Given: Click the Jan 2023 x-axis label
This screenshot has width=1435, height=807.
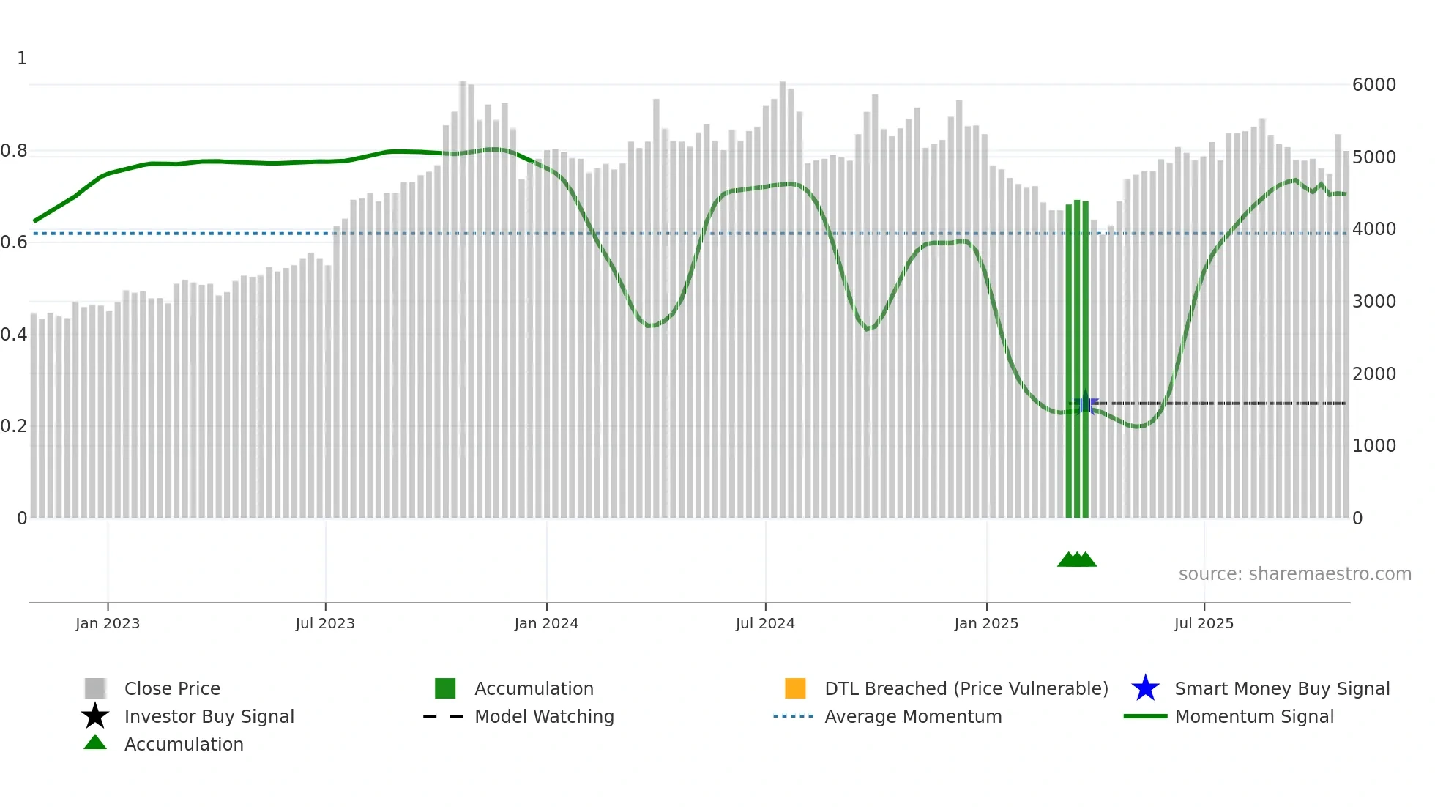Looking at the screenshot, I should click(x=107, y=623).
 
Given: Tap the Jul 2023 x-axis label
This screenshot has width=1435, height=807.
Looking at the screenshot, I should click(x=325, y=623).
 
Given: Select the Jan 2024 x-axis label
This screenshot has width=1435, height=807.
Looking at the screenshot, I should click(x=546, y=623).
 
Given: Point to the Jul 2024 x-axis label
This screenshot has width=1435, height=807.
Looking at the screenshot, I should click(x=765, y=623).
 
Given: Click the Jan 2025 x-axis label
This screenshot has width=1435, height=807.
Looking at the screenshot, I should click(x=986, y=623).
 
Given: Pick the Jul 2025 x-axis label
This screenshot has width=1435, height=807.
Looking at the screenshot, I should click(x=1204, y=623).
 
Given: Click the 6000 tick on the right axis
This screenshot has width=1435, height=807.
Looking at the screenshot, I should click(x=1373, y=85).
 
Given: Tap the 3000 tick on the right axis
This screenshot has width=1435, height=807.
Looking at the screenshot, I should click(x=1373, y=302).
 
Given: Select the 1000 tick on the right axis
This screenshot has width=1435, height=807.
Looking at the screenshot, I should click(x=1373, y=446).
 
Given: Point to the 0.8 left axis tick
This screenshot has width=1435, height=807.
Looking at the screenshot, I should click(x=14, y=151).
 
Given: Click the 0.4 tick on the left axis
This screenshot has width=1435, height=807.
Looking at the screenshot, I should click(x=14, y=335).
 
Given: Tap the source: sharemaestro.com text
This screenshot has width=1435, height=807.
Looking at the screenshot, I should click(x=1294, y=574).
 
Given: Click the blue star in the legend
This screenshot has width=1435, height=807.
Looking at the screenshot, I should click(x=1145, y=688).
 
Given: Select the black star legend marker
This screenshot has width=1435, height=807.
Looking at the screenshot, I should click(x=95, y=716).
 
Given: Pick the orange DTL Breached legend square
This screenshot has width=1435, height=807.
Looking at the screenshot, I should click(x=795, y=688).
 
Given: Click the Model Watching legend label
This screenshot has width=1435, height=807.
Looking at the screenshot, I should click(x=544, y=716).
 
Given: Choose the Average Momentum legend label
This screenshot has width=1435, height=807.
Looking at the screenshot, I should click(x=913, y=716).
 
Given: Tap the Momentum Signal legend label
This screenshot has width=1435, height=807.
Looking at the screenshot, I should click(x=1254, y=716).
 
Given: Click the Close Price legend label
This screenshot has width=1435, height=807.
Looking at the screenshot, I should click(x=172, y=688).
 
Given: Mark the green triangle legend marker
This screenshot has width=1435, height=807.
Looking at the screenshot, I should click(x=95, y=743).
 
